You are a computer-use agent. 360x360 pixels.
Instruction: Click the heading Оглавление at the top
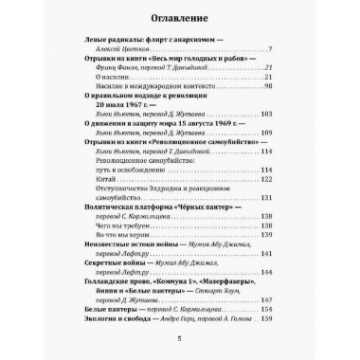179,20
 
